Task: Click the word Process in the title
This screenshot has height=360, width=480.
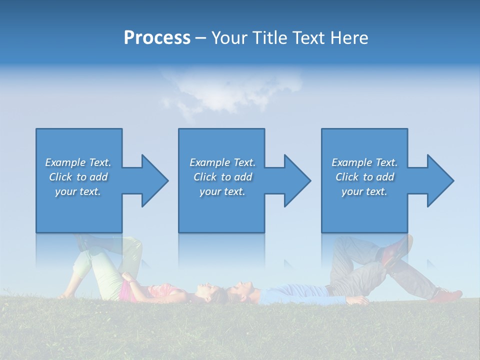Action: click(x=157, y=38)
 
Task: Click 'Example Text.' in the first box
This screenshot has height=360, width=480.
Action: click(x=78, y=162)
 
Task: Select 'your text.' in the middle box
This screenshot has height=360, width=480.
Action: click(x=222, y=191)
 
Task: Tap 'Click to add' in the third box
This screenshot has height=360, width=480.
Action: click(x=364, y=177)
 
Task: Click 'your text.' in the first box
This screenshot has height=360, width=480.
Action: click(x=78, y=191)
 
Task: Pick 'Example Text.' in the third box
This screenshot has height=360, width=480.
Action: click(x=364, y=162)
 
